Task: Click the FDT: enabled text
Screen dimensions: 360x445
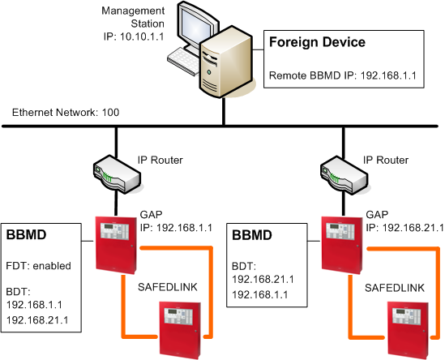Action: (39, 265)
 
